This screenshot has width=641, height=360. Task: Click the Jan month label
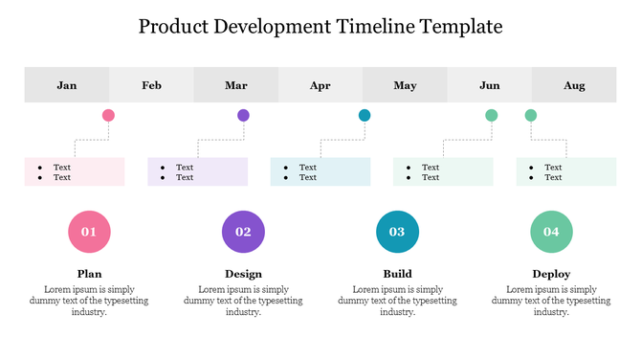67,85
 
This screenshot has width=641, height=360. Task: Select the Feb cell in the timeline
151,85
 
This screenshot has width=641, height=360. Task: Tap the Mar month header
236,85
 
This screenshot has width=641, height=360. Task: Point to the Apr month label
320,85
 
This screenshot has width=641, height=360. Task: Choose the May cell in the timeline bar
405,85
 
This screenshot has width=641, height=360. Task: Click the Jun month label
489,85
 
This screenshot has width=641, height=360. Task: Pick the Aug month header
574,85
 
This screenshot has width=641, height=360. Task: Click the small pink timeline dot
108,115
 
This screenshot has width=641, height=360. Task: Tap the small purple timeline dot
243,115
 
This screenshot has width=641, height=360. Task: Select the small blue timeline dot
365,115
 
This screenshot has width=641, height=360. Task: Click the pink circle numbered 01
89,232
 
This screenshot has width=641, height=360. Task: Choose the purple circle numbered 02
243,232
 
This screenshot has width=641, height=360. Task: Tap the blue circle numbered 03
397,232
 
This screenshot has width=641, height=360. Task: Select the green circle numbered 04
551,232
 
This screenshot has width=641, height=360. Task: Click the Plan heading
89,274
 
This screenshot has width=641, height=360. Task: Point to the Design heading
243,274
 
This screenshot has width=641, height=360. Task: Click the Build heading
397,274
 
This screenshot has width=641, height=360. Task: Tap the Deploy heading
551,274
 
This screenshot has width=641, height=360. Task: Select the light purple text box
198,171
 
